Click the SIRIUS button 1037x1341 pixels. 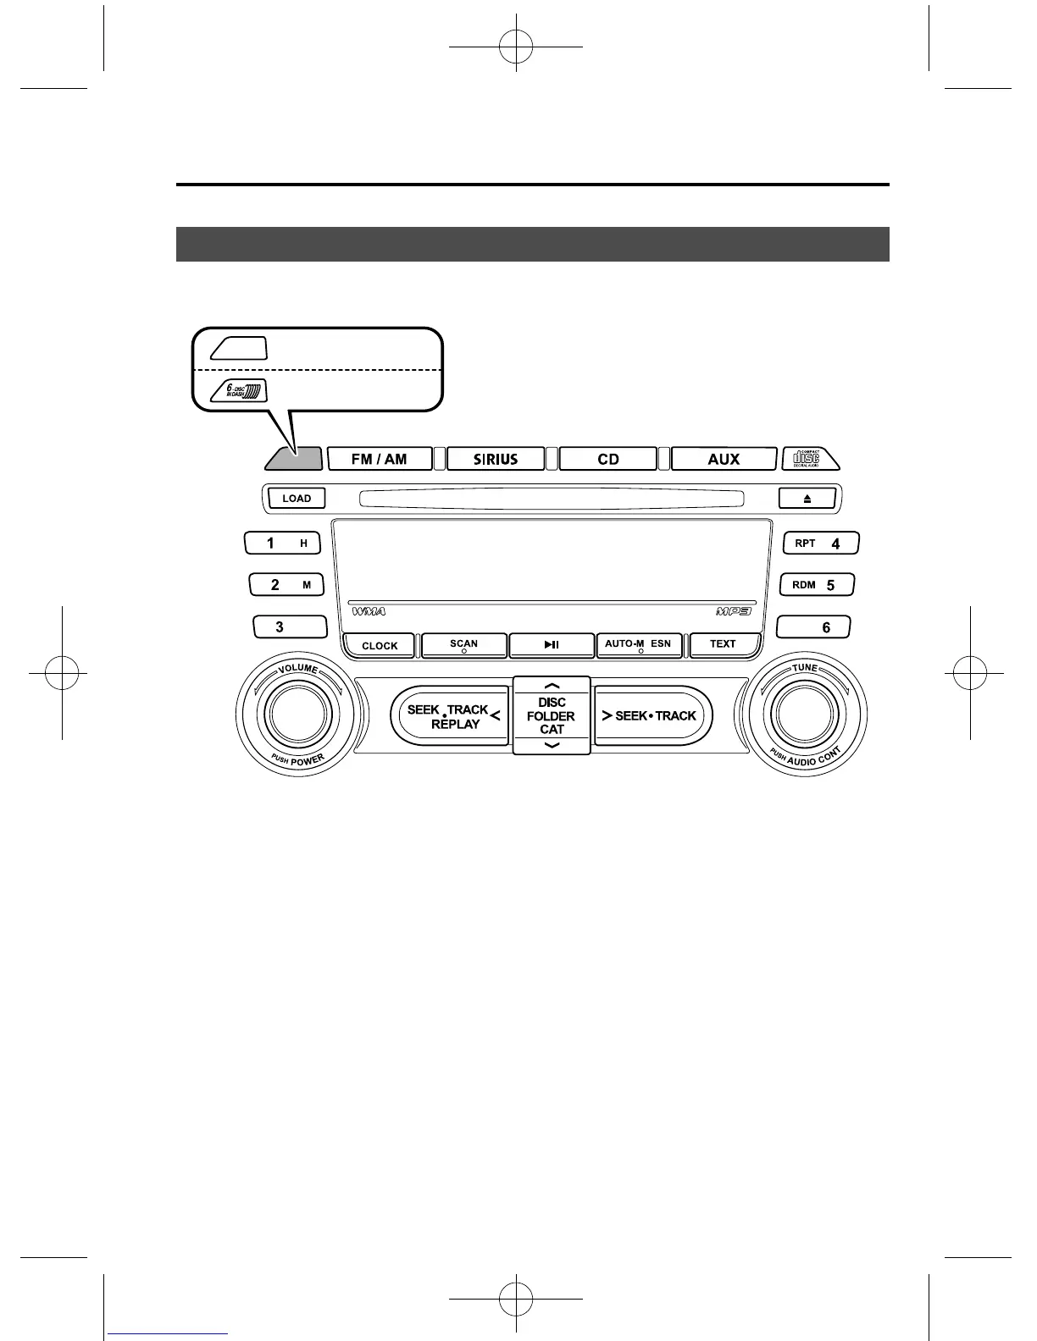tap(495, 459)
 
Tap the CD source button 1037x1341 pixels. tap(607, 459)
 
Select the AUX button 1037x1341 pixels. tap(724, 459)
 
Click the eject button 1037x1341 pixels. tap(807, 499)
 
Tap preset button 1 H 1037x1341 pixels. tap(283, 543)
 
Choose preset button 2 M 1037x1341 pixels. tap(286, 584)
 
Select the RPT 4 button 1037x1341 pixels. tap(821, 543)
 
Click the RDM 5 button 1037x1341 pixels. tap(817, 584)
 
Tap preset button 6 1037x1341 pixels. tap(813, 627)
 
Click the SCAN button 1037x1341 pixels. tap(464, 645)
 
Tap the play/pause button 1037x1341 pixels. tap(552, 645)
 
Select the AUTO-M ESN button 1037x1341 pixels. tap(639, 645)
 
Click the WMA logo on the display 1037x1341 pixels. tap(369, 611)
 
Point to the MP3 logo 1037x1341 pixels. tap(733, 611)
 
